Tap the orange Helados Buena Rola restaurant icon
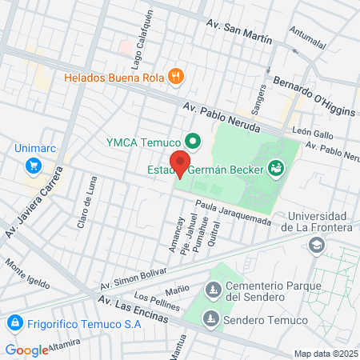(176, 77)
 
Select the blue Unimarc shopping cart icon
(34, 166)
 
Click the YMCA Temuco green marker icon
(192, 143)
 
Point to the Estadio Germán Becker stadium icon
(276, 168)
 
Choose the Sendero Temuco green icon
(210, 319)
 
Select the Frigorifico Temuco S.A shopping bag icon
(14, 324)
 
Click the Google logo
(26, 350)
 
